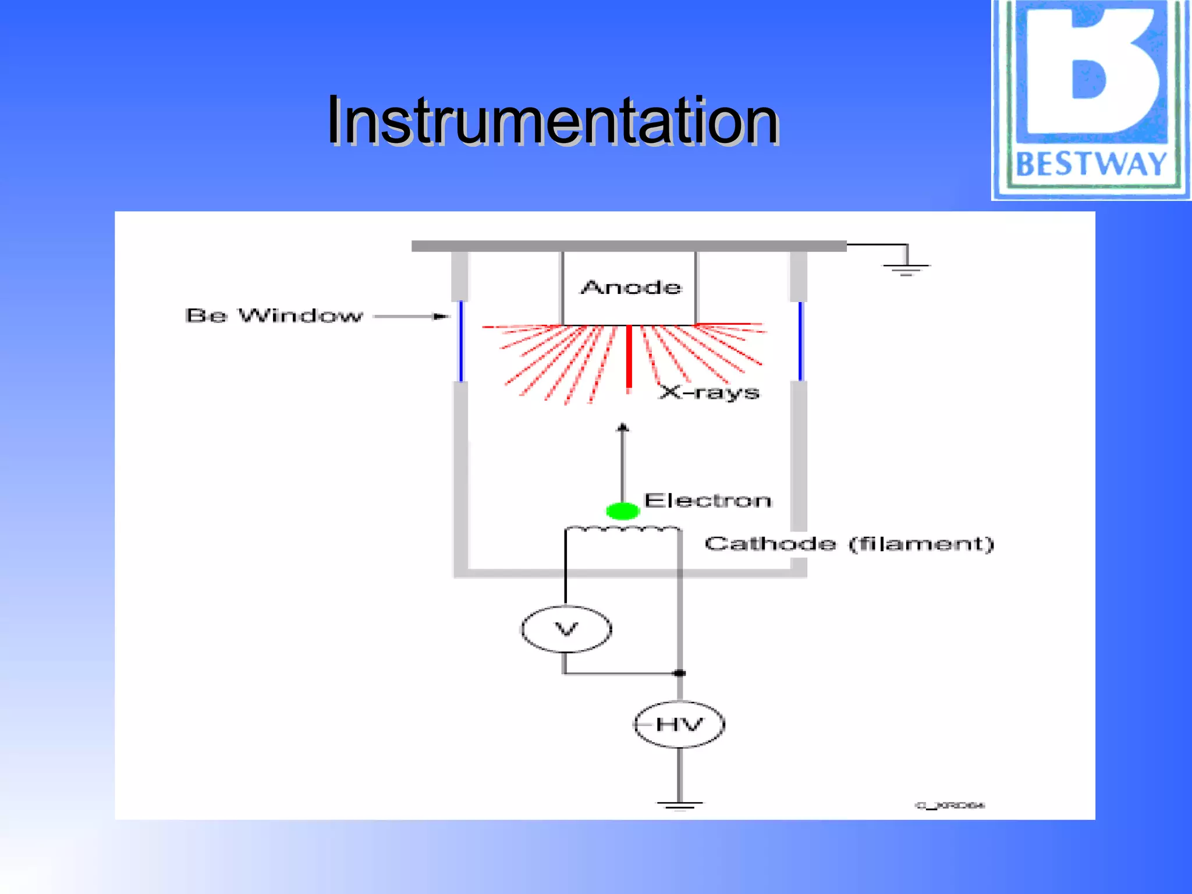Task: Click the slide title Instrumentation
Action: point(553,121)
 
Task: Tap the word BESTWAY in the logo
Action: point(1091,164)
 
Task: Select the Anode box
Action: point(629,288)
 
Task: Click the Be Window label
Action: point(274,315)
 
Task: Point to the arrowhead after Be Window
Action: point(443,316)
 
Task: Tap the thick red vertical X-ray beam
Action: point(629,358)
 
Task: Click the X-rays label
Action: point(709,392)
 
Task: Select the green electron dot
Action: point(623,511)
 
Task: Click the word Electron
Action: point(708,501)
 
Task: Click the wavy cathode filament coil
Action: point(622,529)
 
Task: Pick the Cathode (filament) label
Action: point(849,544)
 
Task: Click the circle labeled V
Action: point(566,629)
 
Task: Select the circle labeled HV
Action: point(679,725)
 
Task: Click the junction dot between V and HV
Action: point(679,673)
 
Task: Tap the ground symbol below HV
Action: point(679,806)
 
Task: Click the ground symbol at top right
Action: point(906,268)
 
